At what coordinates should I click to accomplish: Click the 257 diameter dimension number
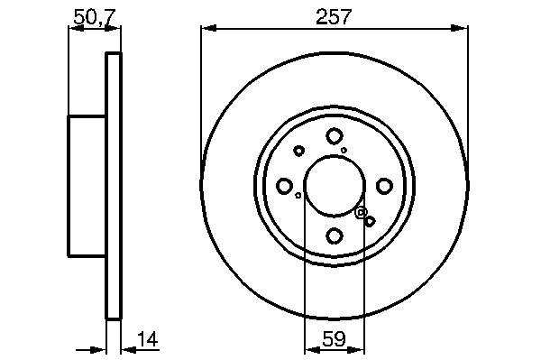coord(334,17)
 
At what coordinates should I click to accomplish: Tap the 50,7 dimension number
coord(95,17)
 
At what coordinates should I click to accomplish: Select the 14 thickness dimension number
coord(147,339)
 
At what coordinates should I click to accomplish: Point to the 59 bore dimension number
coord(334,339)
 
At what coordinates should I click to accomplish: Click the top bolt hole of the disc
coord(334,136)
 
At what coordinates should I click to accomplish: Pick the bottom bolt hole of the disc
coord(334,235)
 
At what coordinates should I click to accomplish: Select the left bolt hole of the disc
coord(284,186)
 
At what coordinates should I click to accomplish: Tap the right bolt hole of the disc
coord(384,186)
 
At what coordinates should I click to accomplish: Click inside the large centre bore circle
coord(334,186)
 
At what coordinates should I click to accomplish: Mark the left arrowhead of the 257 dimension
coord(208,29)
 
